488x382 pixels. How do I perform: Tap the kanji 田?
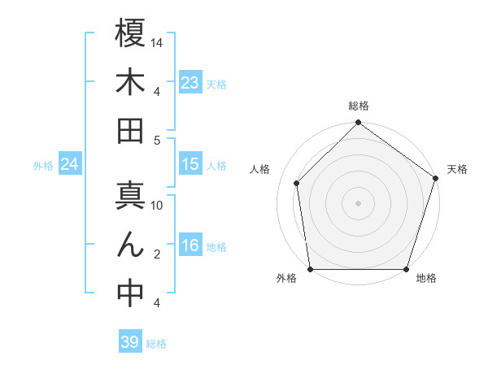[x=130, y=130]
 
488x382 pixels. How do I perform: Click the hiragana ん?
[x=130, y=245]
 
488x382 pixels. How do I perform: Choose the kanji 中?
[x=130, y=294]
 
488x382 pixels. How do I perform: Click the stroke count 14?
[x=157, y=41]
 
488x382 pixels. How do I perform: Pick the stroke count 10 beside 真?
[x=158, y=205]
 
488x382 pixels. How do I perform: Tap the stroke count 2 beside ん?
[x=156, y=254]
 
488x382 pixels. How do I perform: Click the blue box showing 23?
[x=190, y=83]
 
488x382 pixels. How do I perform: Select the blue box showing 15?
[x=190, y=164]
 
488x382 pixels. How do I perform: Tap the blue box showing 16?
[x=190, y=246]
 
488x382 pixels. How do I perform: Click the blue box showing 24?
[x=69, y=165]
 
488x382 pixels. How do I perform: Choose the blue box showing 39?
[x=130, y=342]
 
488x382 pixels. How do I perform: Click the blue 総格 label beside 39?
[x=156, y=344]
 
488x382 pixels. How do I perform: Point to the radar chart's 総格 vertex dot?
[x=358, y=124]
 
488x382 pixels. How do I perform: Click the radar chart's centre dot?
[x=358, y=202]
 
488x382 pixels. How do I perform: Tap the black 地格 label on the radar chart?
[x=426, y=279]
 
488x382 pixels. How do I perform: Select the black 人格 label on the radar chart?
[x=259, y=170]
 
